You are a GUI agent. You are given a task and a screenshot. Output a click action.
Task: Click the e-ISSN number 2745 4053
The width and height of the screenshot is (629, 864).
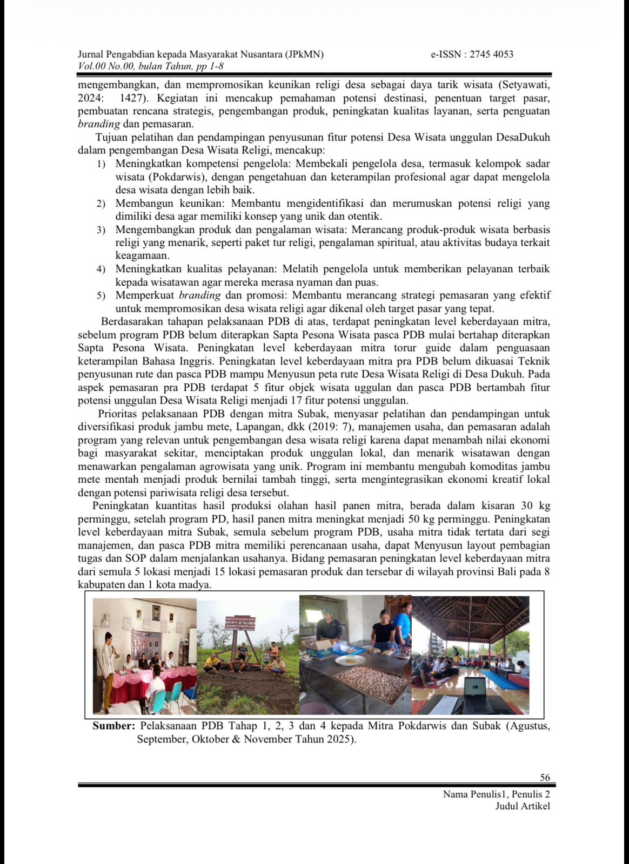[x=491, y=54]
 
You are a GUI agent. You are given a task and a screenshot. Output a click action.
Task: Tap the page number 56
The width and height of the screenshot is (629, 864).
[x=545, y=778]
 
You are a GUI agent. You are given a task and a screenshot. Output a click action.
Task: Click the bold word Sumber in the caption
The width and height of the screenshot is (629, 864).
[x=113, y=726]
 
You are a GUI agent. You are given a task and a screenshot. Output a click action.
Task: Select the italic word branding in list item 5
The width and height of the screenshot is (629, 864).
[x=199, y=295]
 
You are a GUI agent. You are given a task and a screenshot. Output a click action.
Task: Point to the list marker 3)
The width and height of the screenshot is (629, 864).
[x=101, y=231]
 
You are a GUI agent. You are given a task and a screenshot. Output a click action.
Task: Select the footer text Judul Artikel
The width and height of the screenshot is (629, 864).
[x=523, y=806]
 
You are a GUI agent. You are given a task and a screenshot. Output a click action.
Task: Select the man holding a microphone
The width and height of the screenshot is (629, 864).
[x=108, y=664]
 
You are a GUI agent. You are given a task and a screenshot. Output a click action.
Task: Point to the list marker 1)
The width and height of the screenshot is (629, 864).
[x=101, y=164]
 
